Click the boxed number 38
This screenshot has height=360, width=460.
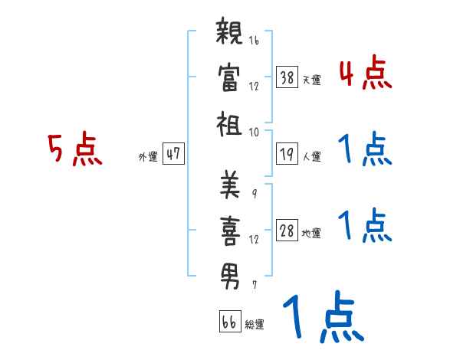point(287,77)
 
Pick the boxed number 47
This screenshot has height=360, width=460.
point(173,154)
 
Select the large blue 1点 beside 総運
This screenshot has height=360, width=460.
point(323,318)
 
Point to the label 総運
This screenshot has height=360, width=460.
point(255,324)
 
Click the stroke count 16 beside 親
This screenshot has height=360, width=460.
point(254,41)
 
